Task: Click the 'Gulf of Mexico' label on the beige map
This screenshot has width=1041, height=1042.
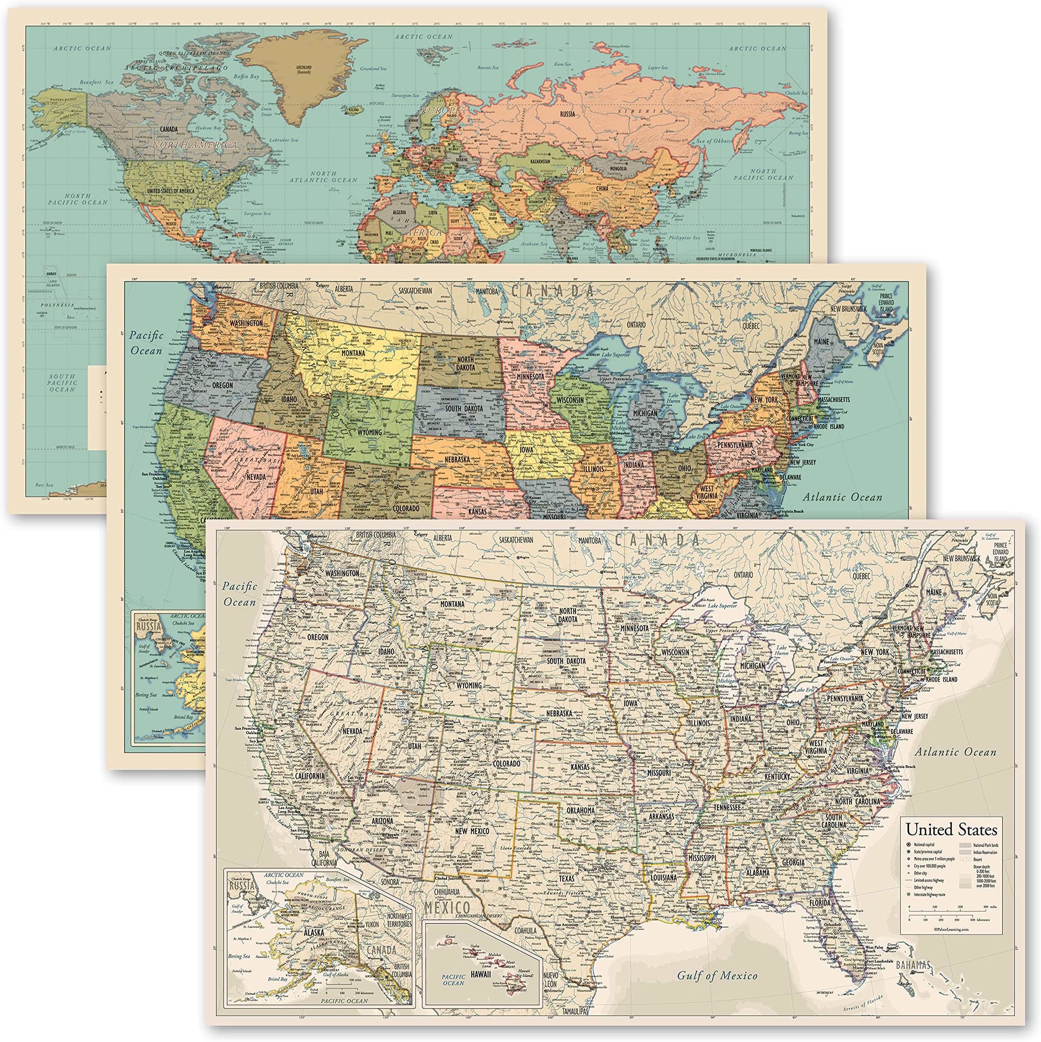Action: click(717, 975)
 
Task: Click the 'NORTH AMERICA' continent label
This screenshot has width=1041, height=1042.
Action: click(195, 144)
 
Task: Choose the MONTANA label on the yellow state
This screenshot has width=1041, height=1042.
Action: click(353, 353)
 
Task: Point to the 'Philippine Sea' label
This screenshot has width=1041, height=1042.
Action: click(685, 238)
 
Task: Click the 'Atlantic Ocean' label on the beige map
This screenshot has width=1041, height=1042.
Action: click(955, 752)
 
